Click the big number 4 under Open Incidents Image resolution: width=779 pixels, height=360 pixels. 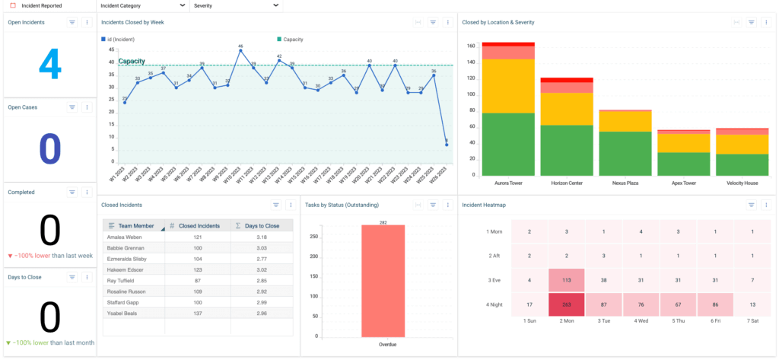(x=49, y=65)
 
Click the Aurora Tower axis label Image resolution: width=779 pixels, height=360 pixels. (x=492, y=183)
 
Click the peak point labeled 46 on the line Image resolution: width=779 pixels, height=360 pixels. (x=240, y=51)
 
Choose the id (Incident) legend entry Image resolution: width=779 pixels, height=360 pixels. (x=119, y=38)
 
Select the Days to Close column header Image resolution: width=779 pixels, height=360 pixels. (x=261, y=226)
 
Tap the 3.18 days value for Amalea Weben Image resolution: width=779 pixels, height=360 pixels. (x=261, y=237)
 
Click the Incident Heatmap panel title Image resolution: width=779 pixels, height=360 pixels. (x=485, y=205)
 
